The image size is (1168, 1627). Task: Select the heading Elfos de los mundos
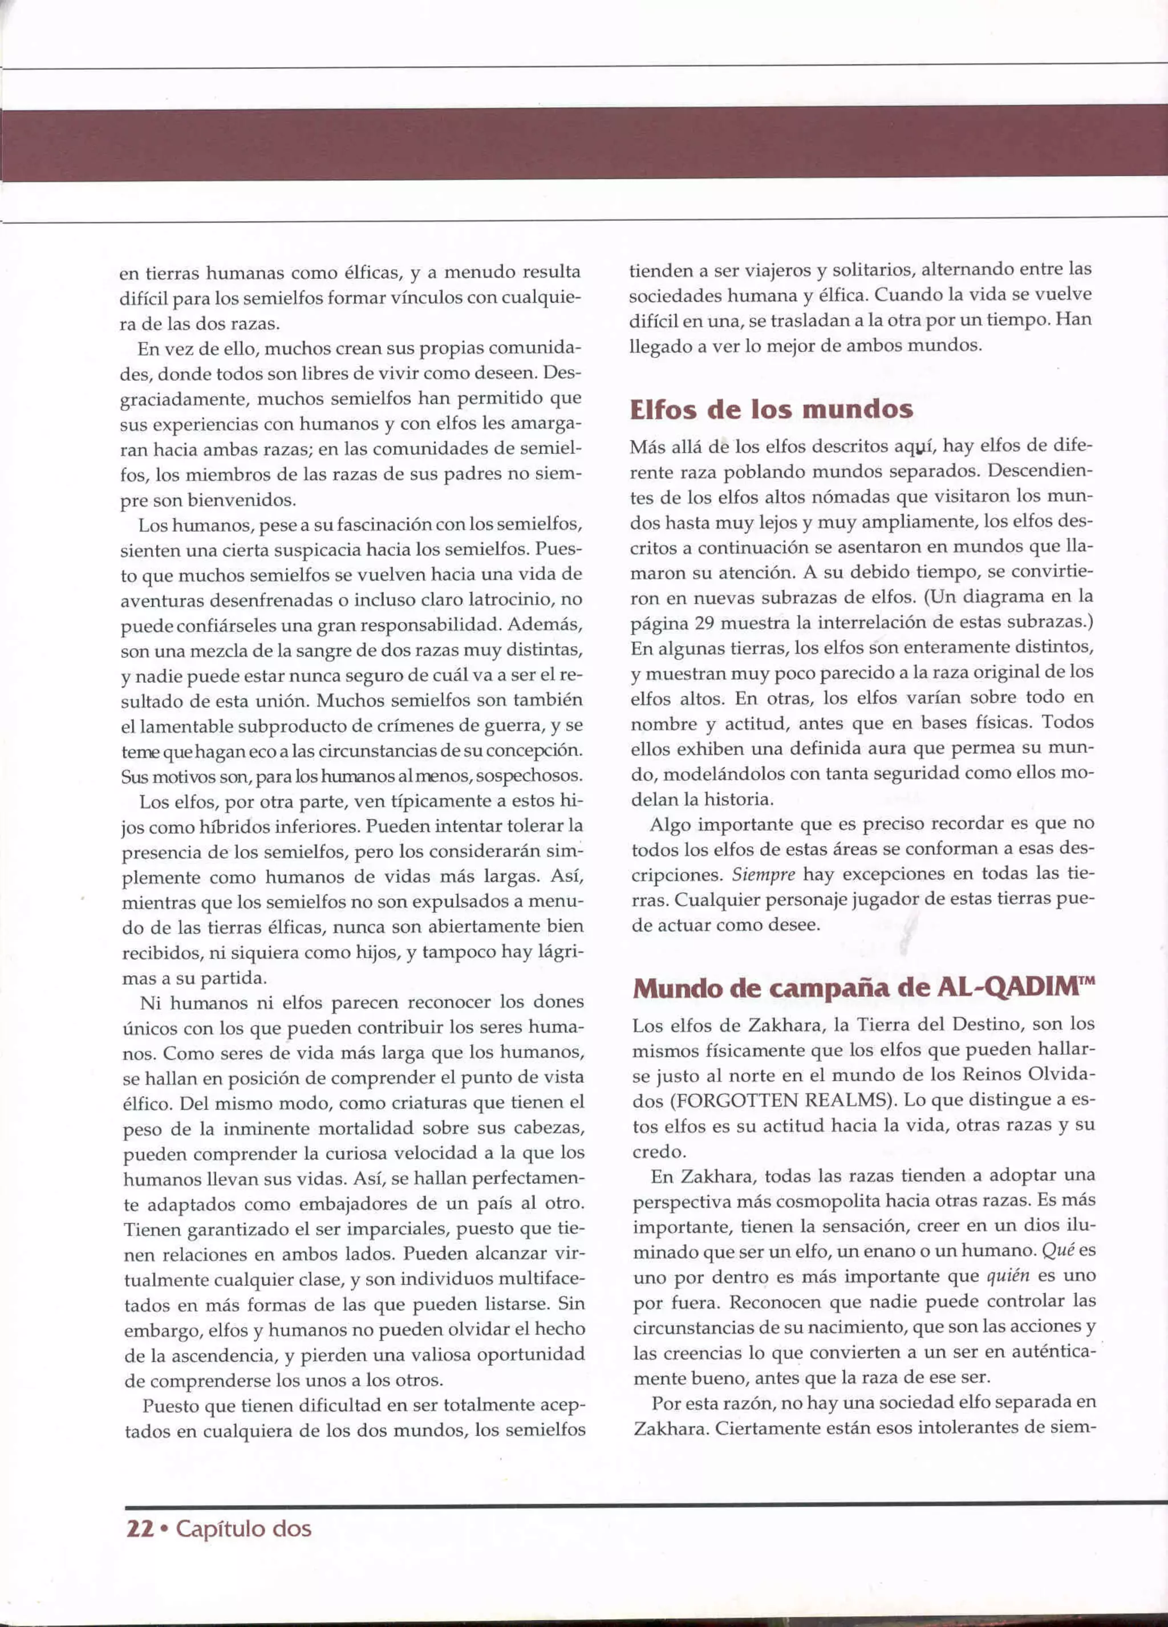[771, 409]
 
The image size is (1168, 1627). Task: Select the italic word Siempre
[763, 874]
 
